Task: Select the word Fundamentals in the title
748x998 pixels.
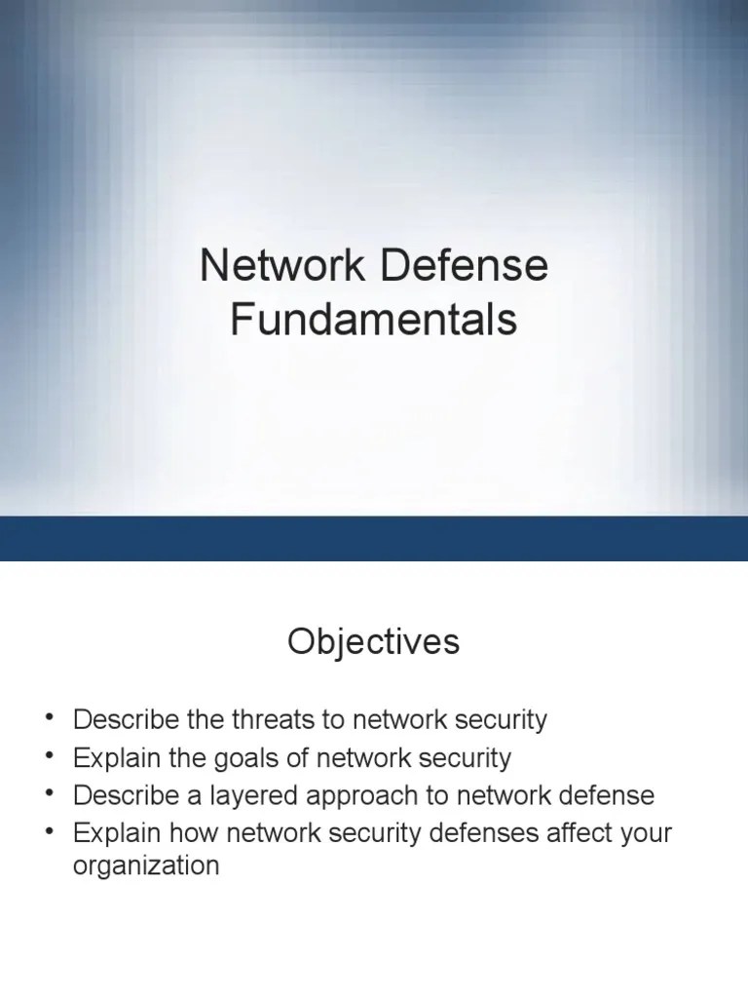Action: pos(373,319)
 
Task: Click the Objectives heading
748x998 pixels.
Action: pos(373,643)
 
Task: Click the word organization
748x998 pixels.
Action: pos(146,865)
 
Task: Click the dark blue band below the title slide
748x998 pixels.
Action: pos(373,538)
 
